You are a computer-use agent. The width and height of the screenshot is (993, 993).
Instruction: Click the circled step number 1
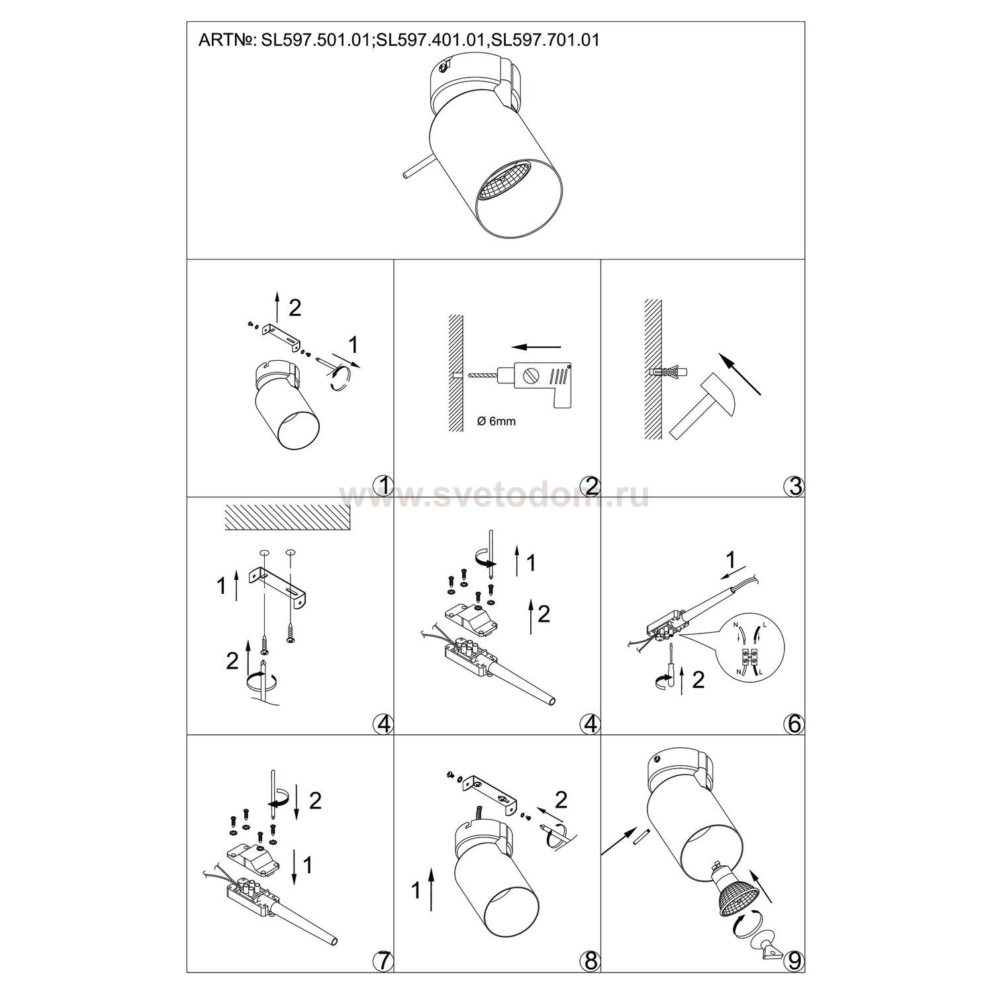pyautogui.click(x=383, y=485)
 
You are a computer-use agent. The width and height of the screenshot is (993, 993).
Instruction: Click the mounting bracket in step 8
pyautogui.click(x=483, y=789)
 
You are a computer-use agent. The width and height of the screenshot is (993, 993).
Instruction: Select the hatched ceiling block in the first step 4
pyautogui.click(x=287, y=516)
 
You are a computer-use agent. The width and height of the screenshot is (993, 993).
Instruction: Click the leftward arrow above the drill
pyautogui.click(x=536, y=346)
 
